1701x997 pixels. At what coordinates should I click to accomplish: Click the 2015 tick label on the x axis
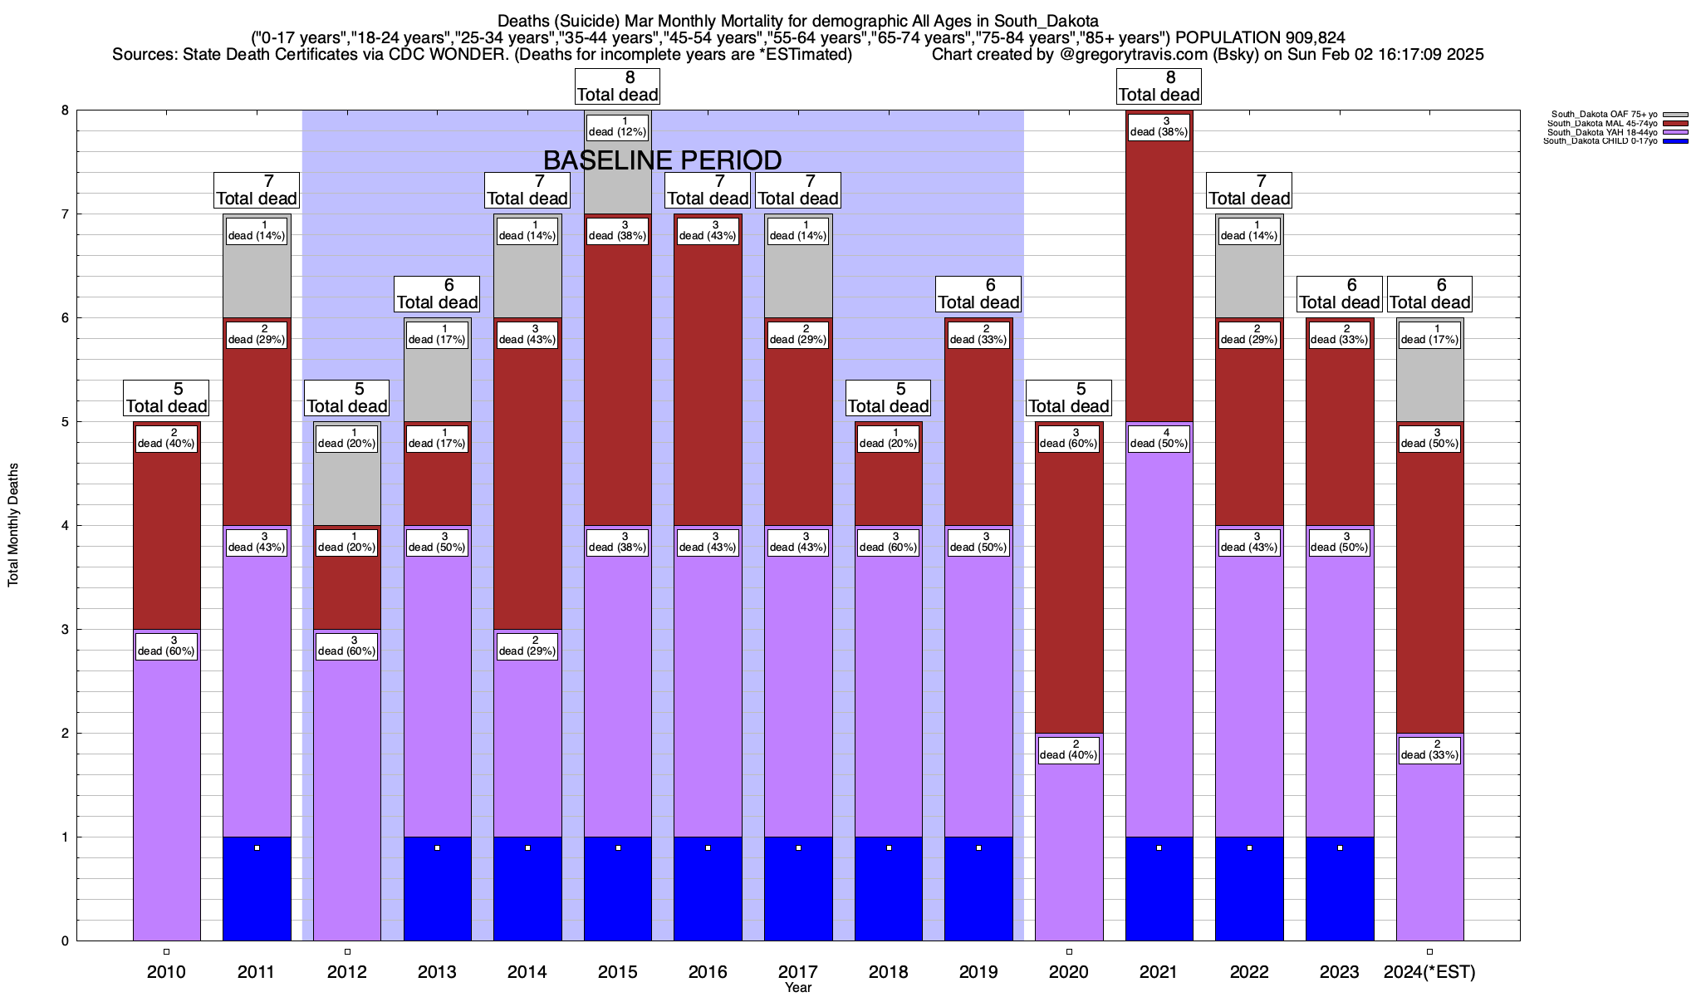(x=617, y=971)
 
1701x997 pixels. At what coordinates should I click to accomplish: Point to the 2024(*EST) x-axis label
(x=1429, y=971)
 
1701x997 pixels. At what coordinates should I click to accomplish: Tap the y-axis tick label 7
(x=65, y=214)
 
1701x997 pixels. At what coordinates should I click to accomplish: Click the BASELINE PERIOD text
(x=662, y=160)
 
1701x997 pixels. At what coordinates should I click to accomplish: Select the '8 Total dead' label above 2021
(x=1159, y=86)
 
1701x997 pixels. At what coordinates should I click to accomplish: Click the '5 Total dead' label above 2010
(x=166, y=398)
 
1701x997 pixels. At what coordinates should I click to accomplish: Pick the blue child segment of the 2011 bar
(x=257, y=889)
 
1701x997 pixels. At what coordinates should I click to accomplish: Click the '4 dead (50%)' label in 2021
(x=1159, y=438)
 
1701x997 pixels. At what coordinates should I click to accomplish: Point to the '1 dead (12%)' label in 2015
(x=617, y=126)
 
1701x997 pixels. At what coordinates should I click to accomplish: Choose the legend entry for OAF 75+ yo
(x=1604, y=115)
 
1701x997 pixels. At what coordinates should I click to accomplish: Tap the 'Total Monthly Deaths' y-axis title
(x=13, y=525)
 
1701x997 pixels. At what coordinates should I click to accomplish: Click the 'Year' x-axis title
(x=797, y=988)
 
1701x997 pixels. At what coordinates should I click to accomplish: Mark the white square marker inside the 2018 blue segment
(x=889, y=847)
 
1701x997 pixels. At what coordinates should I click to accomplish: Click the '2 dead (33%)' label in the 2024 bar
(x=1429, y=749)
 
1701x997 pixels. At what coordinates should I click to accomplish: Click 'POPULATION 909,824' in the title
(x=1260, y=37)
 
